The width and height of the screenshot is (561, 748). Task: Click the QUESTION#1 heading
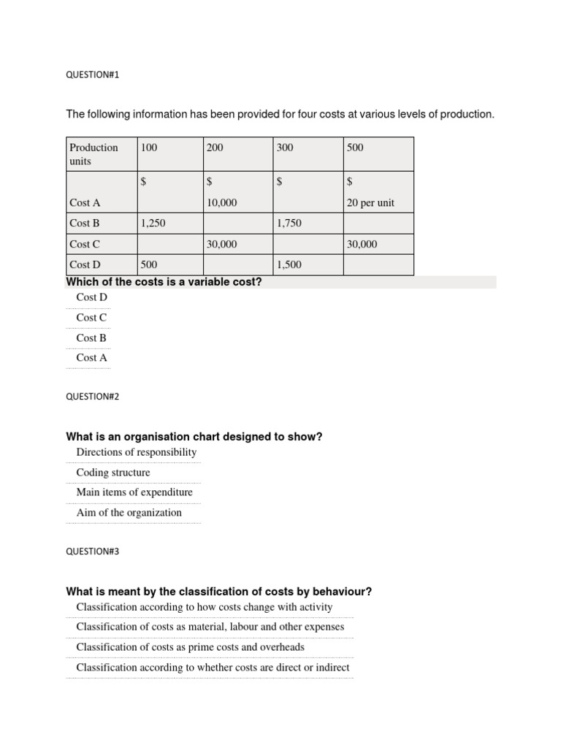[92, 75]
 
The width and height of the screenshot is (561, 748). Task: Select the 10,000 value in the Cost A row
[222, 203]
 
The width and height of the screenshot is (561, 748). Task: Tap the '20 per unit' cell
[370, 203]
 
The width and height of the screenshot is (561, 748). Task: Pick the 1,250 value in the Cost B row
[153, 224]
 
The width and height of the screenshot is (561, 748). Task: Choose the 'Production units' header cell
[93, 154]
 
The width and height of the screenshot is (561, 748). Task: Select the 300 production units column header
[285, 148]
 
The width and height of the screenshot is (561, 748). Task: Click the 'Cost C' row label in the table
[85, 244]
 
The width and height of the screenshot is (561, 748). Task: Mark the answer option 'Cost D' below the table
[91, 297]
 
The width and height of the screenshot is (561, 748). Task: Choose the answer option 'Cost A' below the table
[91, 358]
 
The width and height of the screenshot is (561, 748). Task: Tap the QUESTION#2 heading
[92, 397]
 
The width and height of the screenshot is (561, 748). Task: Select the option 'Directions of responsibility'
[136, 452]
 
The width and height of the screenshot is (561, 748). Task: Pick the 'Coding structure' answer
[113, 473]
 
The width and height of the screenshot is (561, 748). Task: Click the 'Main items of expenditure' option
[134, 492]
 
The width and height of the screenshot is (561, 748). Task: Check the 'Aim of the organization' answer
[129, 513]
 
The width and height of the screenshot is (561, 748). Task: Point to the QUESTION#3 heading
[92, 552]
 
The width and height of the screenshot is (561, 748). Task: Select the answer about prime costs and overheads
[190, 647]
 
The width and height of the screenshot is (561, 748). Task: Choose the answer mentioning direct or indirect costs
[213, 667]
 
